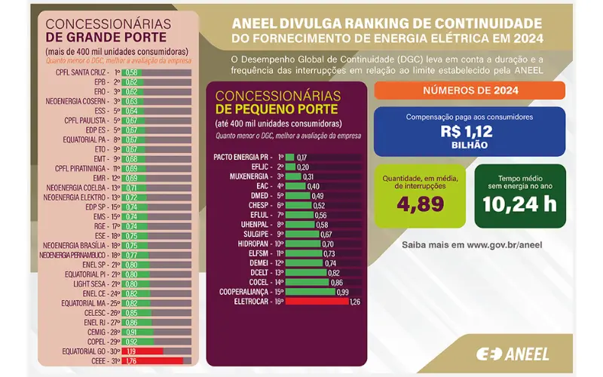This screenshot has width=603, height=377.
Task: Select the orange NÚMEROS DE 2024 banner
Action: coord(469,90)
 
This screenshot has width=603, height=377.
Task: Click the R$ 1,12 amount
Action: coord(468,132)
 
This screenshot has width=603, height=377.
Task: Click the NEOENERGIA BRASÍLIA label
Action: coord(78,244)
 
